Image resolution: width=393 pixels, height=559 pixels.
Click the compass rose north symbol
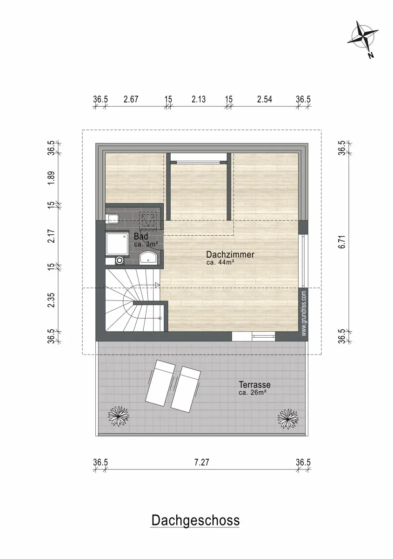(363, 40)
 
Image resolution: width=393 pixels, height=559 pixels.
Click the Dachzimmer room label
(230, 254)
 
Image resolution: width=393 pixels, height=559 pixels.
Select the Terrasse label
(254, 385)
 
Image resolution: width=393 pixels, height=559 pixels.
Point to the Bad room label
(141, 236)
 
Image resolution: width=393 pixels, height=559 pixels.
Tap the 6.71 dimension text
(342, 242)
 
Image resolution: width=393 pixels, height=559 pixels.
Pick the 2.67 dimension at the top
(131, 99)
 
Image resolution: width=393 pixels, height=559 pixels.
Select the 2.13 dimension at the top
(199, 99)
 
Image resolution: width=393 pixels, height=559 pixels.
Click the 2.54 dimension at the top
(265, 99)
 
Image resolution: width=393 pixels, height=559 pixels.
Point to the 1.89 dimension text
(51, 178)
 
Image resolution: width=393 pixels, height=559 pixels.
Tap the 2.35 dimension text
(51, 300)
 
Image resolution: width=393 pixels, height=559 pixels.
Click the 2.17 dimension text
(51, 236)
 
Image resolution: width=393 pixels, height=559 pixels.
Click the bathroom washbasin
(148, 257)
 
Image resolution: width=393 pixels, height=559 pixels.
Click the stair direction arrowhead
(157, 285)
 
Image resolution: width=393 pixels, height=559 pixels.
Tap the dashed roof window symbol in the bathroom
(148, 219)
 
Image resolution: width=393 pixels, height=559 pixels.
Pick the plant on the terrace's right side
(288, 419)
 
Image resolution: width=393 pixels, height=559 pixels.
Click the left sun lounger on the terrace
(160, 385)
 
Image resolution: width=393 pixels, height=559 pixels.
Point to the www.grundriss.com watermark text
(304, 313)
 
